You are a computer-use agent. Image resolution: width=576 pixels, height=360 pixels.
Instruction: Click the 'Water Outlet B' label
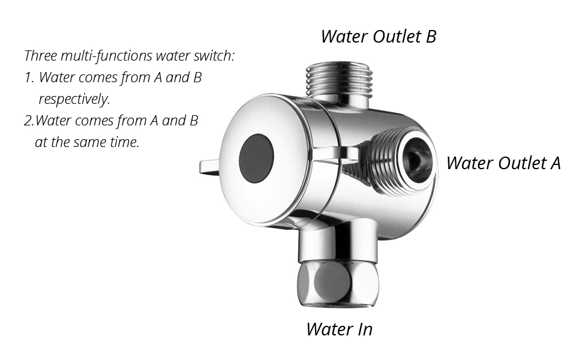tap(379, 37)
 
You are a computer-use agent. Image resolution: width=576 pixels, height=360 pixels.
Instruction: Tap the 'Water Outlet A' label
tap(503, 163)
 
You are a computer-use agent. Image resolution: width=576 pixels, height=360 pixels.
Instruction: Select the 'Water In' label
tap(340, 329)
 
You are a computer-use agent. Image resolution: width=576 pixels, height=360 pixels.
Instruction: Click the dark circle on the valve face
tap(256, 158)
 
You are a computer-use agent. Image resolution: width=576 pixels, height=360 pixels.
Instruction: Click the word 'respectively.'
tap(74, 99)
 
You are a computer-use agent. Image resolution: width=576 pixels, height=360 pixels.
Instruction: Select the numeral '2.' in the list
tap(29, 121)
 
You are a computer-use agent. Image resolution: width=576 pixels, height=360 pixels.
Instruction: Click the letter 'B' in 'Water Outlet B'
tap(431, 37)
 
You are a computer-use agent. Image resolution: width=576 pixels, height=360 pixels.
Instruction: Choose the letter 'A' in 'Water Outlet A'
tap(555, 163)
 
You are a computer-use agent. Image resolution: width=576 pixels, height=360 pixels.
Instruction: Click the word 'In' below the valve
tap(364, 329)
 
